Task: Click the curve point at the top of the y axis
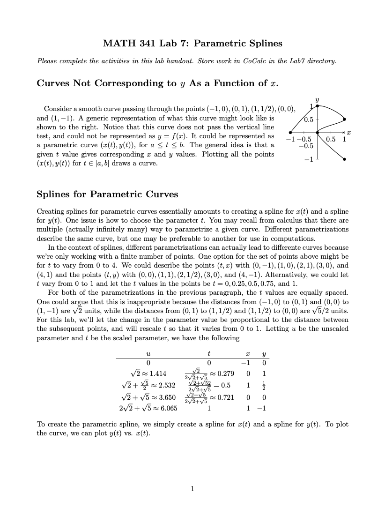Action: pos(318,106)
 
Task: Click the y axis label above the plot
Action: pos(318,99)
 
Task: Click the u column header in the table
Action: pos(148,353)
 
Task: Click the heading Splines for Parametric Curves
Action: pos(107,194)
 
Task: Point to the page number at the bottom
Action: pos(192,489)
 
